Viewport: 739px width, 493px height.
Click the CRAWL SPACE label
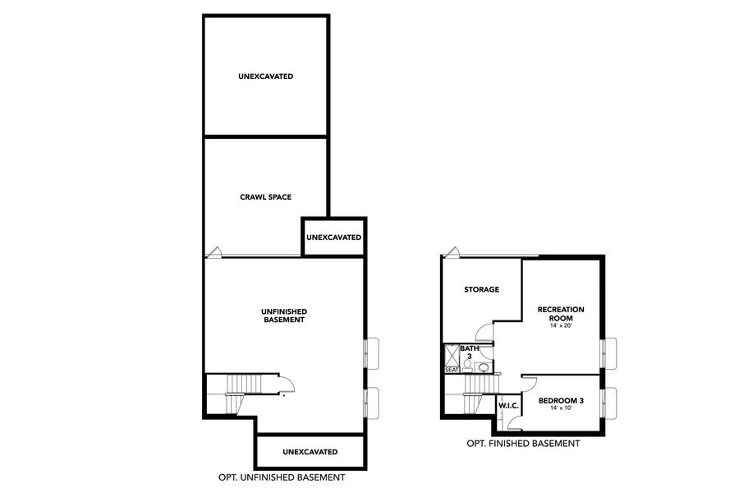[x=265, y=196]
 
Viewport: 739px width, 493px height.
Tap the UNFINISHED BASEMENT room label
[x=283, y=316]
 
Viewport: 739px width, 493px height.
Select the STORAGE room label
[x=481, y=289]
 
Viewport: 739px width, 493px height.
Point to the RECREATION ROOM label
[x=561, y=313]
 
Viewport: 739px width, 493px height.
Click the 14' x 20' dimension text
[x=561, y=326]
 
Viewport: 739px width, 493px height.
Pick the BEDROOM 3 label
[x=561, y=401]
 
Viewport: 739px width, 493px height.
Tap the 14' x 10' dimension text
[x=561, y=409]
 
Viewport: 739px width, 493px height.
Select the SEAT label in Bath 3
[x=452, y=370]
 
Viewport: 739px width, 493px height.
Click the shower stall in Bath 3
[x=452, y=354]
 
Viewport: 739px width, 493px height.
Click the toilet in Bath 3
[x=467, y=366]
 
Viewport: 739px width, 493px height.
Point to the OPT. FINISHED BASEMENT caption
[x=523, y=444]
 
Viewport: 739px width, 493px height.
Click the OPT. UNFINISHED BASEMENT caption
[x=282, y=477]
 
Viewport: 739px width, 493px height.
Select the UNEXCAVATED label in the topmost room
[x=265, y=76]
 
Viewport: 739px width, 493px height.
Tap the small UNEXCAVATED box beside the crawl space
[x=333, y=237]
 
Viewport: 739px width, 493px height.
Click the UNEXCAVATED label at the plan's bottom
[x=310, y=452]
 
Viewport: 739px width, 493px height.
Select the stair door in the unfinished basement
[x=287, y=385]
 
